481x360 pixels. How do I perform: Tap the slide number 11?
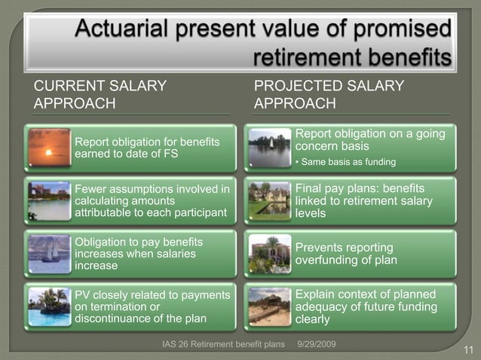point(467,349)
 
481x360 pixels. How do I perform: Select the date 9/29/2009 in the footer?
point(317,344)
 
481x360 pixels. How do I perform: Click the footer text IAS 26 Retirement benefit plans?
point(224,344)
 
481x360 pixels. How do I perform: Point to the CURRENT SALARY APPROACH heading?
point(100,94)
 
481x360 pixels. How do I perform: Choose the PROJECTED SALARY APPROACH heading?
point(329,94)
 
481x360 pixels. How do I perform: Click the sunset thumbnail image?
point(49,148)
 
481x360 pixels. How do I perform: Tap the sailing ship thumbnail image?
point(49,255)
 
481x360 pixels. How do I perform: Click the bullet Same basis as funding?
point(347,162)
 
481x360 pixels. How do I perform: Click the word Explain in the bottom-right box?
point(317,294)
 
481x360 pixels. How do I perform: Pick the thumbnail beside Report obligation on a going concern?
point(271,148)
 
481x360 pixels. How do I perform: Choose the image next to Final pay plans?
point(271,200)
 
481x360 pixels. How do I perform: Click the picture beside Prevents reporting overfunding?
point(271,254)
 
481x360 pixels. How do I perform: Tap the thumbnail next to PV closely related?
point(49,307)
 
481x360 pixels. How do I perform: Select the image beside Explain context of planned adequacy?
point(271,307)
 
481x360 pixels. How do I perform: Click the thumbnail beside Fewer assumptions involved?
point(49,200)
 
